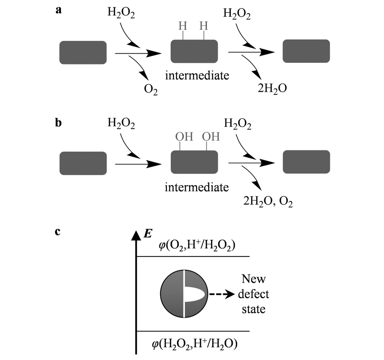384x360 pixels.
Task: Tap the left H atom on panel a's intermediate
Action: tap(182, 26)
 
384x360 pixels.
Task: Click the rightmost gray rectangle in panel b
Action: tap(306, 162)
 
